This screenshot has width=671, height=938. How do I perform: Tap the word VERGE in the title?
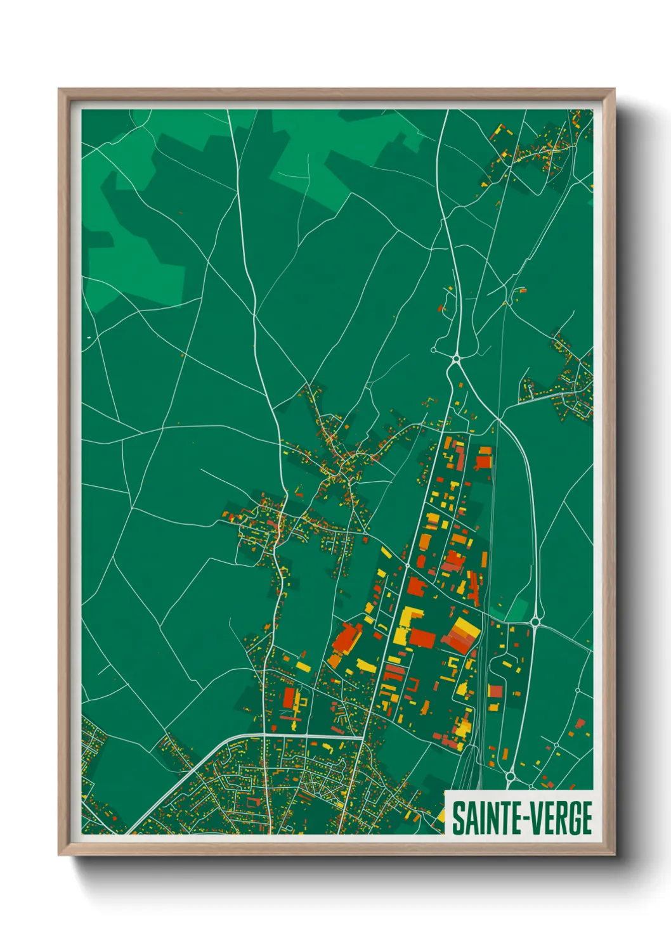pos(560,818)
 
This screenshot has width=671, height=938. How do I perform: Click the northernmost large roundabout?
pos(456,359)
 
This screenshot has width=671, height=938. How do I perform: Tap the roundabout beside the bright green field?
pos(535,622)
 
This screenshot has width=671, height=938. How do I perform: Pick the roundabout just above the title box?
pos(511,775)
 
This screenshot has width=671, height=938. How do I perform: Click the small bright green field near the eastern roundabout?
pos(517,610)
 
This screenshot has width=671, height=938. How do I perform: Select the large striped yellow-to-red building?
pos(461,634)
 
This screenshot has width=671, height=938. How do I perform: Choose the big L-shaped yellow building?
pos(407,624)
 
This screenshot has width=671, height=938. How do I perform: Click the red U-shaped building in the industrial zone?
pos(413,685)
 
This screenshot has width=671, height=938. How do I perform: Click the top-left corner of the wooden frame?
pos(59,89)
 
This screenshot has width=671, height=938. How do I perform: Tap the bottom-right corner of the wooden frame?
pos(614,854)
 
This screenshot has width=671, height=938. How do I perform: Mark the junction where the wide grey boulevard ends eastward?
pos(363,736)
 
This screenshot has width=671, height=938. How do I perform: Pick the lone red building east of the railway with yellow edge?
pos(495,690)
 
